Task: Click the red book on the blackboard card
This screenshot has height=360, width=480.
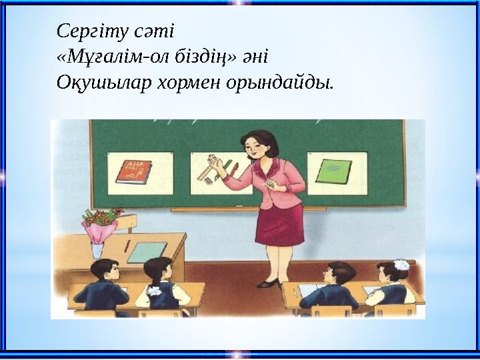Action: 133,171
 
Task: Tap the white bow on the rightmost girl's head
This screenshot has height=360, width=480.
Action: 401,265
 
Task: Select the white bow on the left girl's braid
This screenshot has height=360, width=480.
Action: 155,291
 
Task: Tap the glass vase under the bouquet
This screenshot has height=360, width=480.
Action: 97,249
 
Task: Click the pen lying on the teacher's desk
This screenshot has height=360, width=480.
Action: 126,246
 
